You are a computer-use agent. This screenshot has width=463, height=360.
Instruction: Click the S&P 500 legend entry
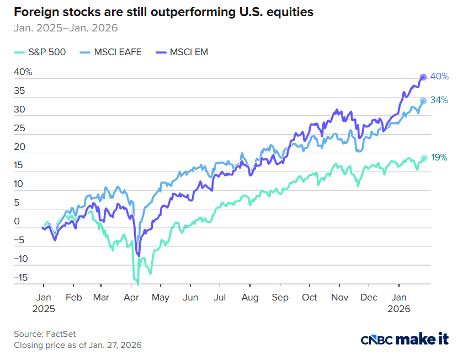click(40, 52)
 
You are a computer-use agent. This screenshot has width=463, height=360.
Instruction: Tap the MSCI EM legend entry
click(182, 52)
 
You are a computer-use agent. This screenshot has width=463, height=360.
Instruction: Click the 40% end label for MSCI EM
click(439, 77)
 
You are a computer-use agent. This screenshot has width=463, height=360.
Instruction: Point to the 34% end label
click(439, 100)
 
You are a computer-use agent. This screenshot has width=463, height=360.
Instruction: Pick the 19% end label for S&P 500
click(439, 158)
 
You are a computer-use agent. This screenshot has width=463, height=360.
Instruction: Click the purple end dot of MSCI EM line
click(423, 77)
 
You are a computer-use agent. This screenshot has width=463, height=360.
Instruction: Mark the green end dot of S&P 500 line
click(424, 158)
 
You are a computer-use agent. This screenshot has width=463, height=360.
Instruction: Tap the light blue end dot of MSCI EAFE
click(423, 101)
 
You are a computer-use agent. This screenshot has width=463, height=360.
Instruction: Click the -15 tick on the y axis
click(20, 277)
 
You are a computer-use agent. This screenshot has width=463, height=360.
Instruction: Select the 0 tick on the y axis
click(17, 222)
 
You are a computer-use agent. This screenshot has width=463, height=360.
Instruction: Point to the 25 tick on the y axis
click(19, 128)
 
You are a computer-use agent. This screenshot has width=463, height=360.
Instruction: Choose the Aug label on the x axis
click(250, 297)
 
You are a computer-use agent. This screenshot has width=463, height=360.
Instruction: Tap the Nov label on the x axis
click(340, 297)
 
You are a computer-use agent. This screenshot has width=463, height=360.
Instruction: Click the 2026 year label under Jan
click(400, 309)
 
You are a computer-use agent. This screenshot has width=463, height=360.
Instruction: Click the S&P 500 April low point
click(137, 283)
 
